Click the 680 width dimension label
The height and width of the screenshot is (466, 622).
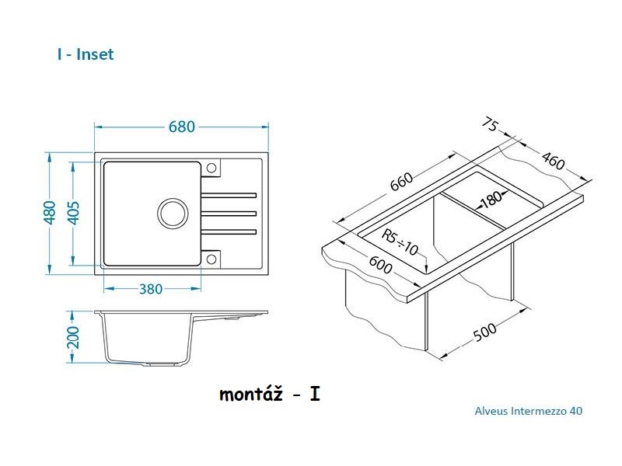(x=182, y=127)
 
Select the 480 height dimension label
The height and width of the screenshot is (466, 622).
(x=50, y=213)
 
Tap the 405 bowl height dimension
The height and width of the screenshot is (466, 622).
(x=74, y=213)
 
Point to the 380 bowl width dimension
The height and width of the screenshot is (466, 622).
(x=151, y=289)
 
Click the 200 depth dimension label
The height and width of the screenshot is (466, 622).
(x=73, y=337)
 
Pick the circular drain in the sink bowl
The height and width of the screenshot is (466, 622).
(x=173, y=213)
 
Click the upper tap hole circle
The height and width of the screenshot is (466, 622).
(x=211, y=168)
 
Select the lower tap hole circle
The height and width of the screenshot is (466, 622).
(x=211, y=259)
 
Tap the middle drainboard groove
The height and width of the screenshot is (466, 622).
(x=229, y=214)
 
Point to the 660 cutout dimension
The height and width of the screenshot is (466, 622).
(x=402, y=183)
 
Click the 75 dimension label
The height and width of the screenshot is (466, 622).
(x=490, y=125)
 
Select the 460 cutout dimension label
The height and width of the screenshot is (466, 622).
(x=553, y=161)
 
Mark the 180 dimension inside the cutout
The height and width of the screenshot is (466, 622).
(x=491, y=199)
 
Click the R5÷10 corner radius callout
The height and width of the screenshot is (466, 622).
(x=400, y=242)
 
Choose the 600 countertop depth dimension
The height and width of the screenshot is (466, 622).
(x=380, y=264)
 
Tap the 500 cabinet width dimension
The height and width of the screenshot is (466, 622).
(x=484, y=332)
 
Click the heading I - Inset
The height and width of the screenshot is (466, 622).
(x=86, y=54)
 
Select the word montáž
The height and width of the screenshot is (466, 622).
(x=251, y=395)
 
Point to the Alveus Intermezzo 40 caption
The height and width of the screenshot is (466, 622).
(x=529, y=411)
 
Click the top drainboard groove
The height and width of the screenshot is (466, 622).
(x=229, y=196)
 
